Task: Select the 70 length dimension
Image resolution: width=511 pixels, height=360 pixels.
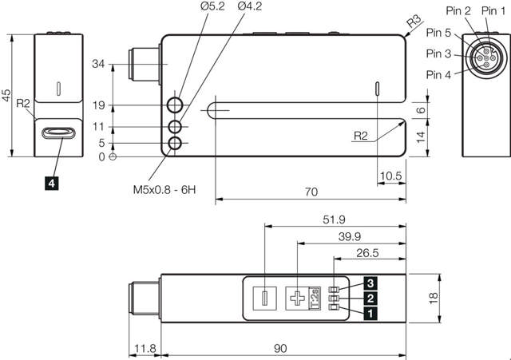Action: coord(311,192)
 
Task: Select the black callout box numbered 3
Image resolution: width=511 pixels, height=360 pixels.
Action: coord(371,283)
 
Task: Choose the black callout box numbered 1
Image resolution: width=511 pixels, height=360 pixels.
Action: coord(371,313)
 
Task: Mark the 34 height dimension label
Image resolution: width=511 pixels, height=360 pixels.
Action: coord(98,64)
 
